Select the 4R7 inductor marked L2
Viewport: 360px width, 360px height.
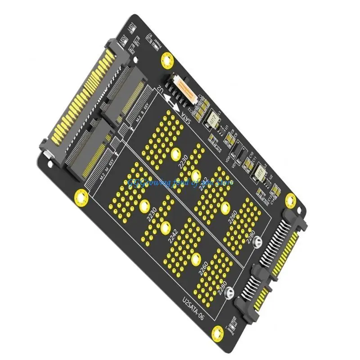click(261, 173)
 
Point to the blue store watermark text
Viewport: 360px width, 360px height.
click(180, 183)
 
